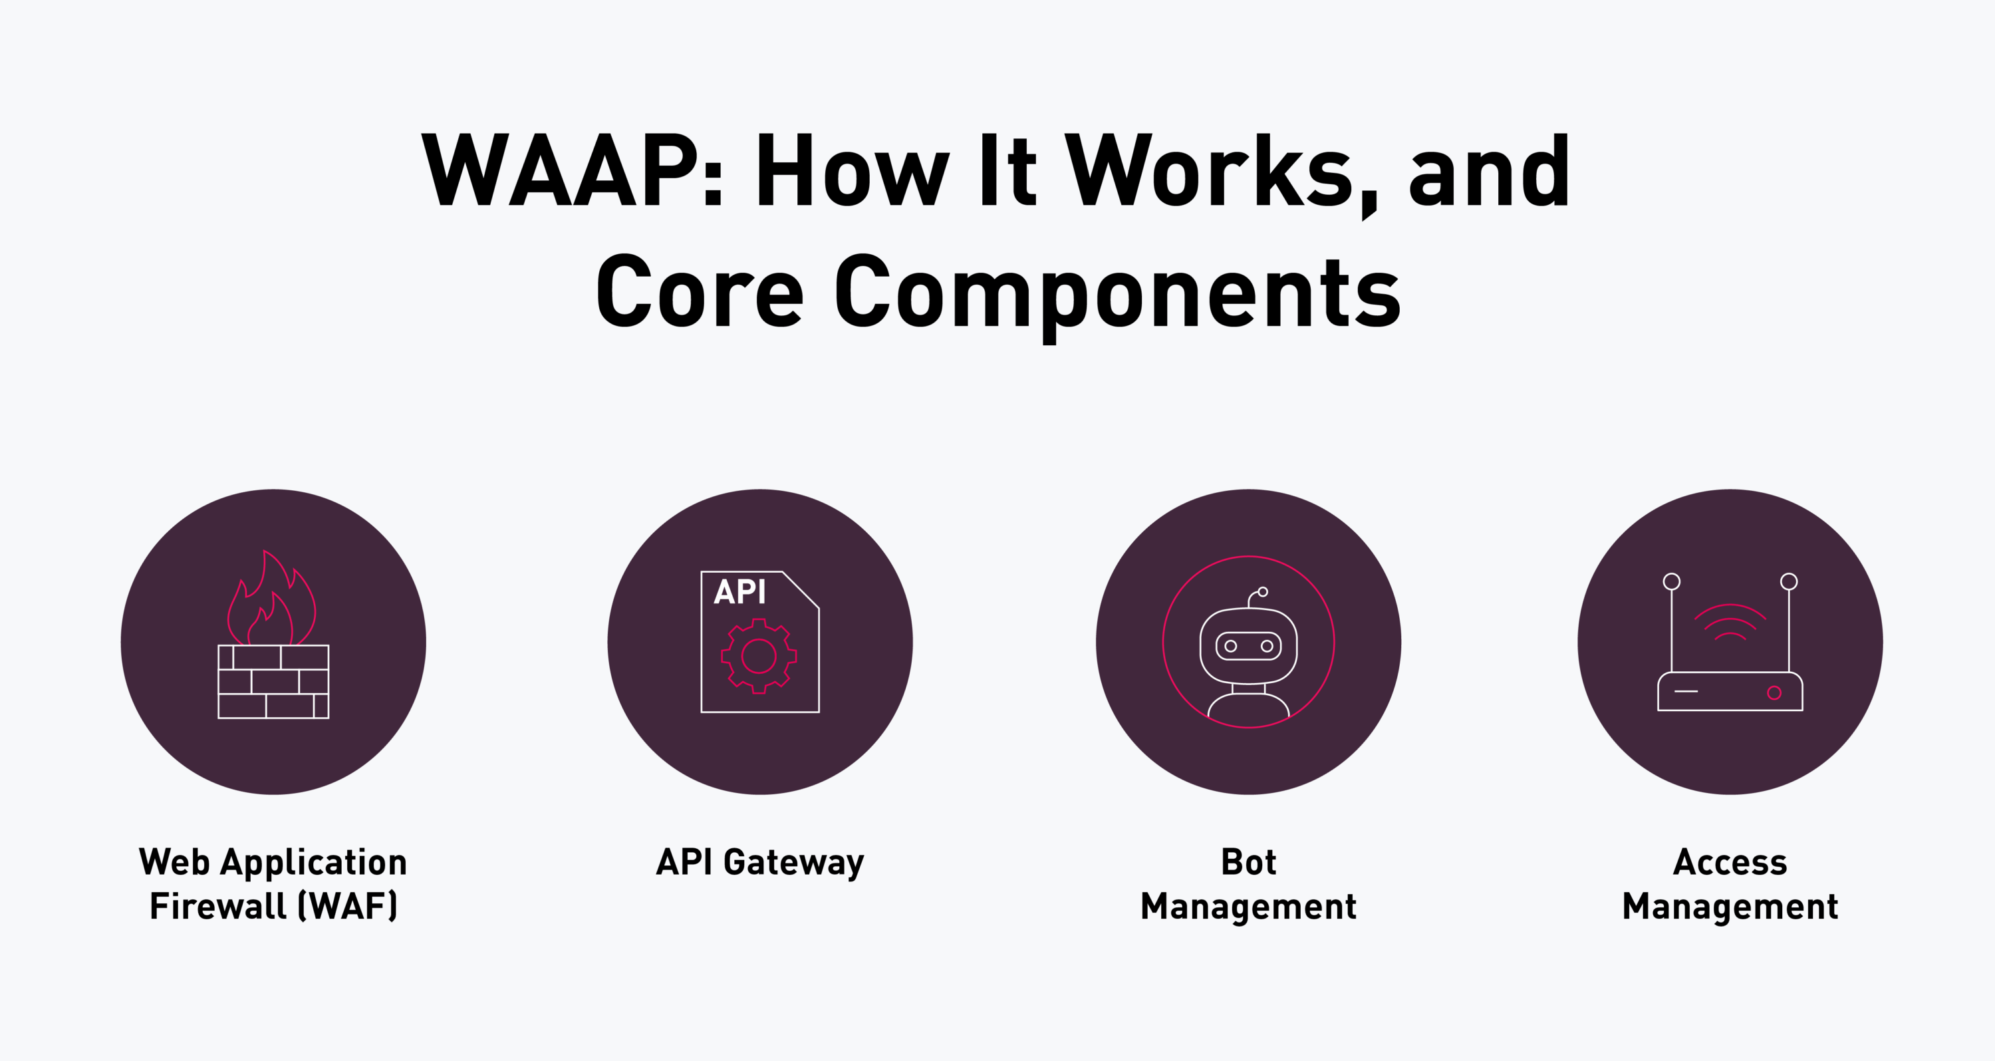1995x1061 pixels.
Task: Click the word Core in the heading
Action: [700, 293]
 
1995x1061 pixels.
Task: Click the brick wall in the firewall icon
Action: [273, 682]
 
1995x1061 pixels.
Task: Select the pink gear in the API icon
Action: [759, 656]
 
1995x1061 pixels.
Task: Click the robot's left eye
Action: [1231, 646]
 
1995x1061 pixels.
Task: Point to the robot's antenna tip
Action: [1263, 591]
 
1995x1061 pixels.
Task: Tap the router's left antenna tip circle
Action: [1672, 581]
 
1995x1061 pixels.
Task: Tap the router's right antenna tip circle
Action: [1789, 581]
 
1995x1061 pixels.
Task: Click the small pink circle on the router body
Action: [1774, 692]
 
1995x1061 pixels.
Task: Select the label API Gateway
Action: [759, 862]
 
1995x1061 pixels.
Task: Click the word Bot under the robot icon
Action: [1248, 862]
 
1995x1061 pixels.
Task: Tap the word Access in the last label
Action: [1730, 862]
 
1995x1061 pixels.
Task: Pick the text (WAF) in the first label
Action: [348, 906]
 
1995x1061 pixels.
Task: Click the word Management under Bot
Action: [1248, 907]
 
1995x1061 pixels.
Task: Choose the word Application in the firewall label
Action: [314, 862]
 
